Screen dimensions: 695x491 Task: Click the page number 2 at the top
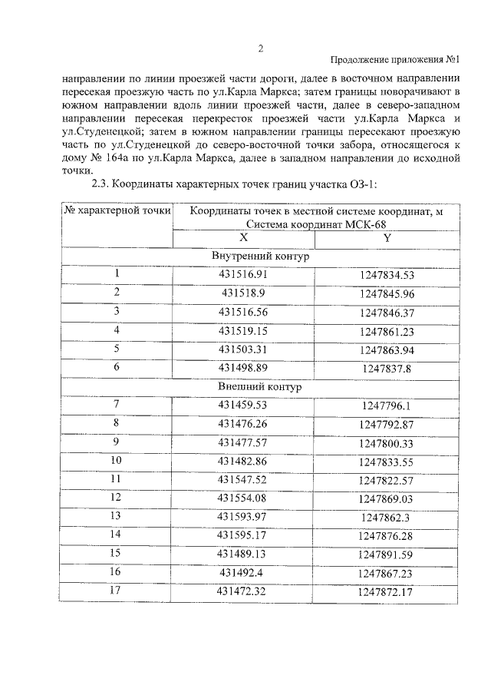(x=260, y=48)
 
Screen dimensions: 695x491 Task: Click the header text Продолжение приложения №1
(x=394, y=61)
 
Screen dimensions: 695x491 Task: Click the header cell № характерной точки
(x=117, y=210)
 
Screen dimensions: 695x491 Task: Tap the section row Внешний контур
(x=260, y=387)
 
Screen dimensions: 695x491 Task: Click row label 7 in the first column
(x=117, y=405)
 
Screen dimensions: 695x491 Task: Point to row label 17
(x=117, y=591)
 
